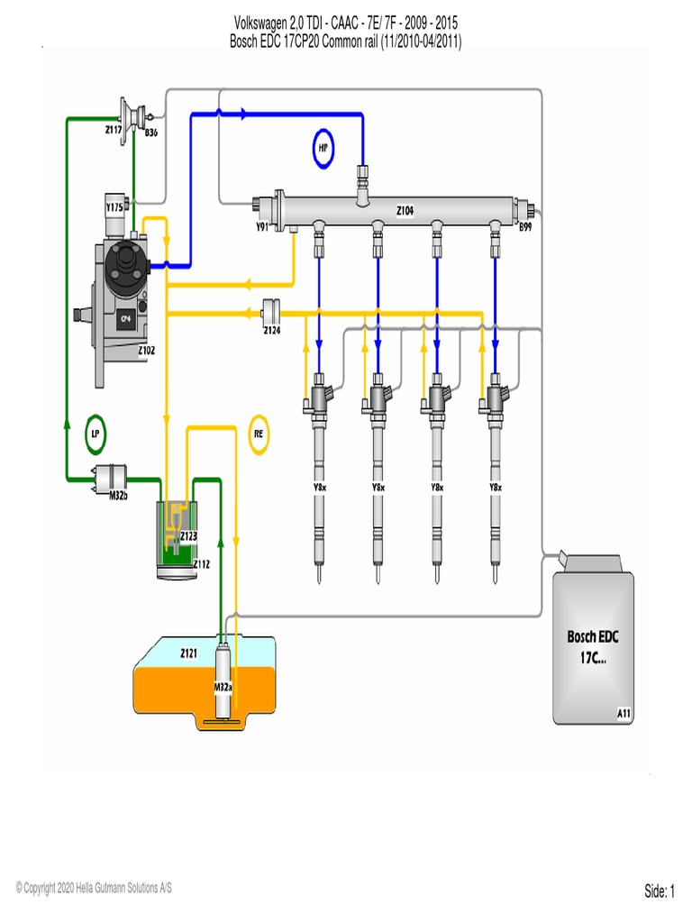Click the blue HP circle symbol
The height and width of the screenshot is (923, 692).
point(323,149)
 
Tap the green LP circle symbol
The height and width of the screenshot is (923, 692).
point(96,433)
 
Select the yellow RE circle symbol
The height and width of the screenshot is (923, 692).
point(259,433)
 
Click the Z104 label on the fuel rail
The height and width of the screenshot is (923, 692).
point(405,209)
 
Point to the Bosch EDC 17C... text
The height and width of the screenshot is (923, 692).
point(593,647)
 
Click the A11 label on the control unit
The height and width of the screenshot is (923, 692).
point(624,713)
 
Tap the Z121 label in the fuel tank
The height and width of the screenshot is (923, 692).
point(188,653)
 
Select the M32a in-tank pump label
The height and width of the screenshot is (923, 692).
point(223,687)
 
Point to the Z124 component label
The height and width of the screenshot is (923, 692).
point(271,331)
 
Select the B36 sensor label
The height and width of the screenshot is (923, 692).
point(152,133)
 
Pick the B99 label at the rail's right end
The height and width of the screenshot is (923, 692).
point(524,227)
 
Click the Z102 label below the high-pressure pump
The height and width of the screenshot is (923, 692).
point(147,351)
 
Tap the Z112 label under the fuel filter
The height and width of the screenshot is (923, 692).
point(201,564)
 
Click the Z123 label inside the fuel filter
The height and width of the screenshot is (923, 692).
point(188,536)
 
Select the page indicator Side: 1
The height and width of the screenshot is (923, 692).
point(659,891)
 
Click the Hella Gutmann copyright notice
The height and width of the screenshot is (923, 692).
point(94,888)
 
